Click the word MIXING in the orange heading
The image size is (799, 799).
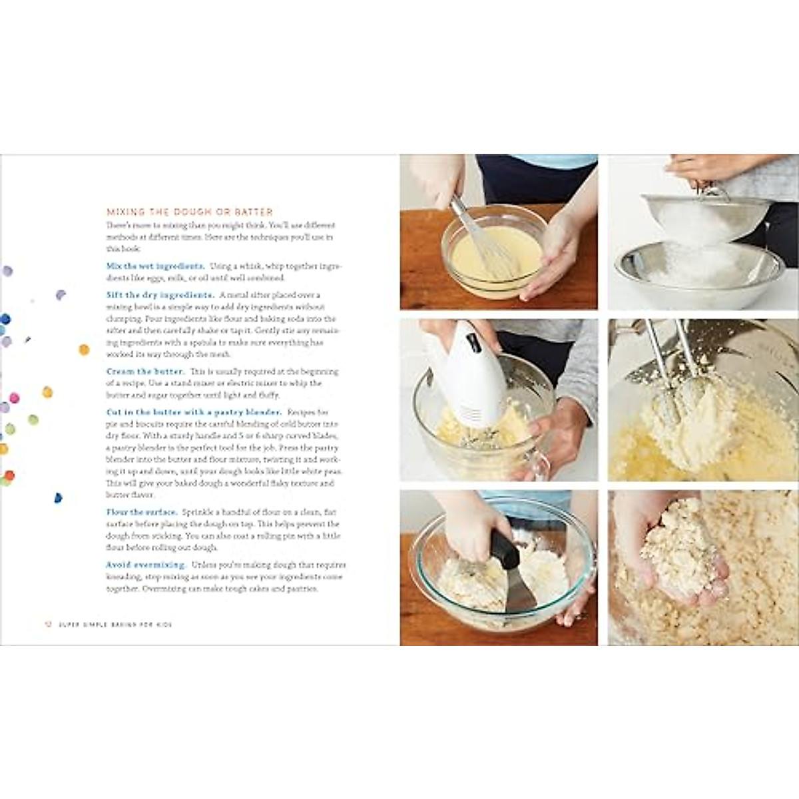125,212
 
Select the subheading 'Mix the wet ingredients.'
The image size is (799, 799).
155,266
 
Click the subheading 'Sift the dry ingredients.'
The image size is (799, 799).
160,295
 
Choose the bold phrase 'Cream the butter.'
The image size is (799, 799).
146,372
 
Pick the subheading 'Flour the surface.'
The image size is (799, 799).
142,512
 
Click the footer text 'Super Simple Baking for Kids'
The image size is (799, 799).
115,625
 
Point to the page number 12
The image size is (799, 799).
47,625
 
